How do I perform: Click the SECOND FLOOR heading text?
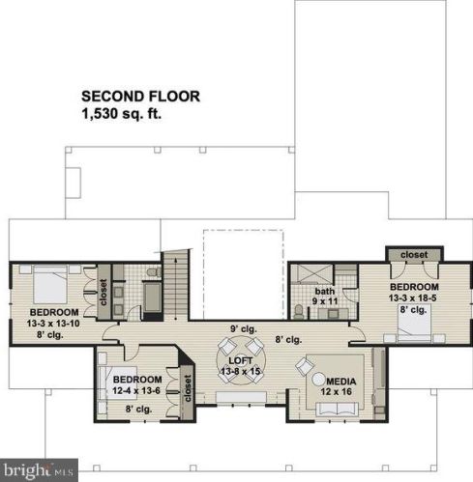[140, 97]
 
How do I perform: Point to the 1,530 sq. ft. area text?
[122, 114]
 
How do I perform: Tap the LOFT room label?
[241, 360]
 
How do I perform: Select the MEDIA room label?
[341, 382]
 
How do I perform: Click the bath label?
[325, 292]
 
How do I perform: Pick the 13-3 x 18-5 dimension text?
[413, 298]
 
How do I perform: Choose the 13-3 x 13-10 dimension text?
[53, 324]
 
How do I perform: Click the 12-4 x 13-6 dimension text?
[136, 391]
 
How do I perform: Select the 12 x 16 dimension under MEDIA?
[337, 392]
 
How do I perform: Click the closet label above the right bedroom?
[414, 255]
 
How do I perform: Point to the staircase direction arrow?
[175, 289]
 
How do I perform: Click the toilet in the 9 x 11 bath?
[299, 311]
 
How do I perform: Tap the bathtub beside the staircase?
[153, 298]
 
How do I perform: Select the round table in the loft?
[241, 360]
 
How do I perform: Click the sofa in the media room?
[337, 409]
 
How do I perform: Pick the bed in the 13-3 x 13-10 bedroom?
[50, 284]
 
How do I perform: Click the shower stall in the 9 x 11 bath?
[311, 274]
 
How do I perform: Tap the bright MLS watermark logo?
[39, 470]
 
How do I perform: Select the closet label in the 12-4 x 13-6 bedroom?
[188, 388]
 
